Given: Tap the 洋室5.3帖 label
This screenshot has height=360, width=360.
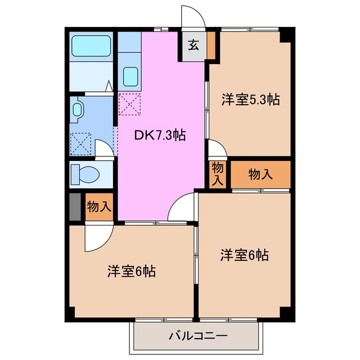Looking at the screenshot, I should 250,100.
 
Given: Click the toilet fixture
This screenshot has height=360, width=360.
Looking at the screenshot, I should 83,174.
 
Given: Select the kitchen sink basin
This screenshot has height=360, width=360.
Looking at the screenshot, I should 130,75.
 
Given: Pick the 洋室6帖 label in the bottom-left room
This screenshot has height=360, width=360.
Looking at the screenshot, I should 132,271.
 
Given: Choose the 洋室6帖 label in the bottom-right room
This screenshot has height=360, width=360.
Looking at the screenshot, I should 244,255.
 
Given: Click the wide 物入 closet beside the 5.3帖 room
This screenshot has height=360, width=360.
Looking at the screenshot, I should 260,174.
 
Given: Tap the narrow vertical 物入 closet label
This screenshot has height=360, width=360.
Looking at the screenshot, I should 218,174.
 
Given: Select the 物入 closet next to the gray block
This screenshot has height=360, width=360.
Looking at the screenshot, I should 98,206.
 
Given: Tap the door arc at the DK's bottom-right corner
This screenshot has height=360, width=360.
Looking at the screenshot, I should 181,208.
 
